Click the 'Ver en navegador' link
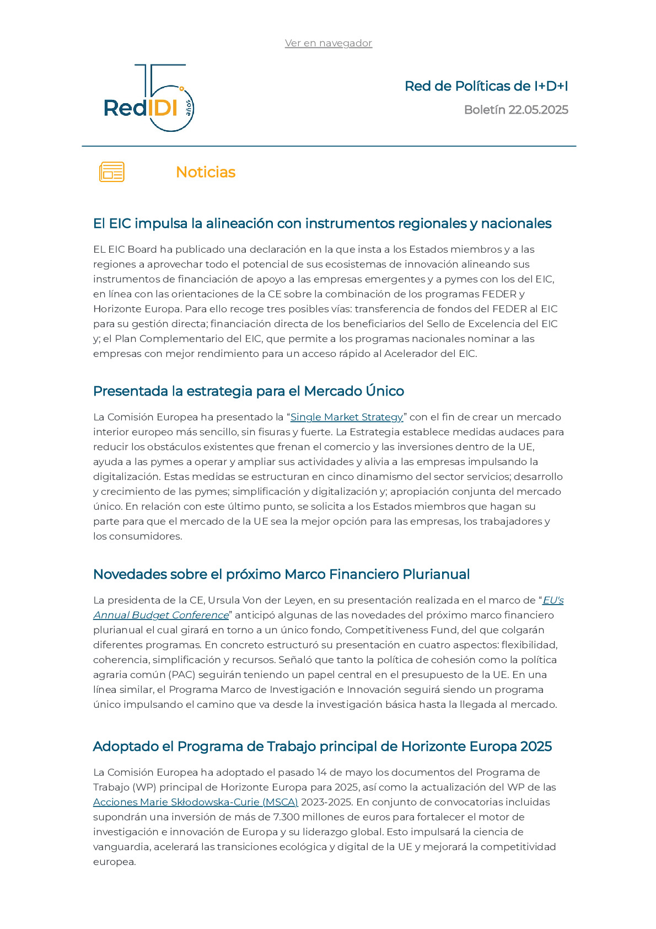[x=328, y=43]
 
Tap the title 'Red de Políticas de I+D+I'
[x=486, y=86]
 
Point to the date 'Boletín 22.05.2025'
[x=515, y=110]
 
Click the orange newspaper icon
[x=111, y=172]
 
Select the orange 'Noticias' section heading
[x=205, y=172]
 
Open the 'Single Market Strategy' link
[x=347, y=417]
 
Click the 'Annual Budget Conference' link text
[x=161, y=615]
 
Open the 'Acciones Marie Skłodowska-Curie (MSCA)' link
[x=195, y=802]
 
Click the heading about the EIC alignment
[x=322, y=223]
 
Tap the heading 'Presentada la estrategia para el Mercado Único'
[x=248, y=391]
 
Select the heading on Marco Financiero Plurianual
[x=281, y=574]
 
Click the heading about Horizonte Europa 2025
[x=322, y=746]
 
